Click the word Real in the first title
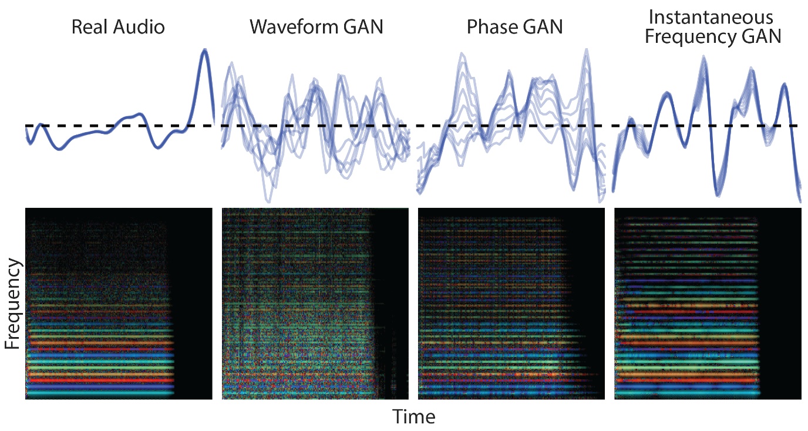pyautogui.click(x=89, y=27)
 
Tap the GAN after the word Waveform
pyautogui.click(x=363, y=27)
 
